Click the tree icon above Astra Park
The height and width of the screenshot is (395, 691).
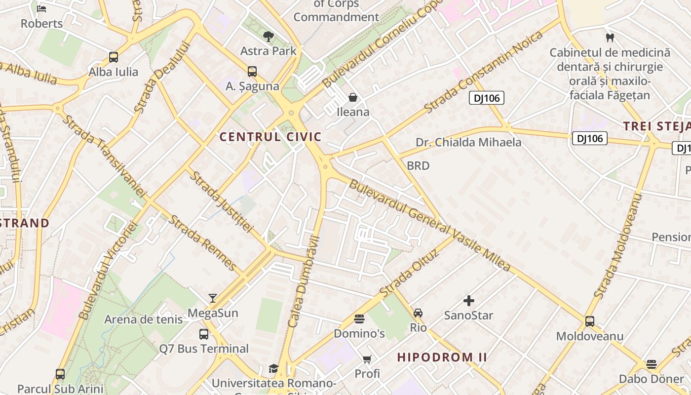pos(269,36)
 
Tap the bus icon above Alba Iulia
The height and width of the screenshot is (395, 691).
pos(114,57)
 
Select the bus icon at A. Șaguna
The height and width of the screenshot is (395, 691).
pos(252,72)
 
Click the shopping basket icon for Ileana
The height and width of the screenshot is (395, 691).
pos(352,97)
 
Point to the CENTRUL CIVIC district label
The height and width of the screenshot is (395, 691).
pos(270,137)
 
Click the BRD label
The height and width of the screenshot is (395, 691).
pos(418,166)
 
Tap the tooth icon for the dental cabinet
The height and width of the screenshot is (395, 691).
pos(610,38)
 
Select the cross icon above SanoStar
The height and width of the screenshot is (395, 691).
pos(468,300)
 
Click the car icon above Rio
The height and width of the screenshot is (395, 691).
pos(418,313)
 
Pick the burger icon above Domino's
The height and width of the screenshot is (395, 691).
pos(359,319)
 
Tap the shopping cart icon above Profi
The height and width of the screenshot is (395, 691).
pos(367,359)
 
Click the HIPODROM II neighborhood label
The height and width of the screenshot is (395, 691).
pos(442,357)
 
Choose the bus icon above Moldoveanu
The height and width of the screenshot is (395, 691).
pos(589,321)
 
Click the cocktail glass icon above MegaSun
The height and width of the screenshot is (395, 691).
pos(213,298)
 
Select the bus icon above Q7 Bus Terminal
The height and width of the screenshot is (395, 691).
pos(203,334)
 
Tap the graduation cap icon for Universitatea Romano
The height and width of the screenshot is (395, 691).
pos(273,368)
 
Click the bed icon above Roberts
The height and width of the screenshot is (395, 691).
pos(41,9)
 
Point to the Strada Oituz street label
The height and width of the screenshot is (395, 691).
pos(409,272)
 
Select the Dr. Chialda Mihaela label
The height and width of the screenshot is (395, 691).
pos(468,142)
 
